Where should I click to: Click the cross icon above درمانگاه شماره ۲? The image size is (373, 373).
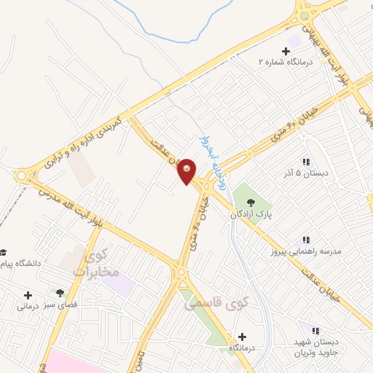285,51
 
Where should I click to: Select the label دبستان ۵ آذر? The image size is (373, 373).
305,174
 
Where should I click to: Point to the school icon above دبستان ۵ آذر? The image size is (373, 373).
305,162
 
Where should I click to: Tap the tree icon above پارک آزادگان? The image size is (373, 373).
251,203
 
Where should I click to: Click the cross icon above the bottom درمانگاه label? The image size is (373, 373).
242,337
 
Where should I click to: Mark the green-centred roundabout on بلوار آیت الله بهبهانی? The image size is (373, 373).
303,16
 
